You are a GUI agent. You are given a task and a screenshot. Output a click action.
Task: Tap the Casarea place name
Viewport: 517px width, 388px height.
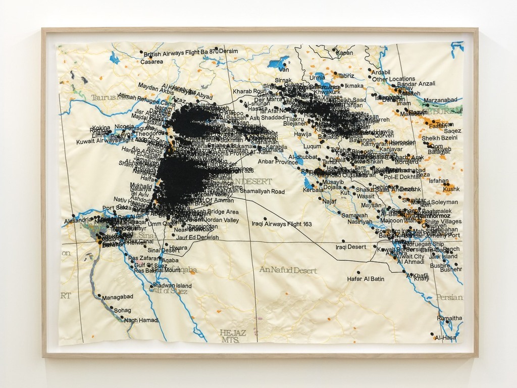(x=151, y=62)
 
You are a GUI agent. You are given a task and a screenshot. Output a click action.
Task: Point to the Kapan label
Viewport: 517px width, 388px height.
(x=345, y=53)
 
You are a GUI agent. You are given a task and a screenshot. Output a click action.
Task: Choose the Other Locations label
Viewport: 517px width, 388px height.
(x=394, y=79)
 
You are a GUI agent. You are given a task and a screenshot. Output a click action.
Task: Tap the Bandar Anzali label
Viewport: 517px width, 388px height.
(x=416, y=84)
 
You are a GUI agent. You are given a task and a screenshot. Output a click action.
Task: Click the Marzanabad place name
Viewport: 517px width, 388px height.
(x=440, y=100)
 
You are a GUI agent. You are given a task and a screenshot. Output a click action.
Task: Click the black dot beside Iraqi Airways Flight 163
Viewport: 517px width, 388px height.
(x=265, y=219)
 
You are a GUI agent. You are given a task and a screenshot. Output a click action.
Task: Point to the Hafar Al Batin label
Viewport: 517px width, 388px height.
(x=366, y=279)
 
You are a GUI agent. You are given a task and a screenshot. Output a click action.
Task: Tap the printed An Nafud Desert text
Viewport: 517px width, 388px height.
(x=288, y=270)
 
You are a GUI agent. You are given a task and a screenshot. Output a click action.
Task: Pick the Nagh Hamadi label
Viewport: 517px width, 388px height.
(x=141, y=320)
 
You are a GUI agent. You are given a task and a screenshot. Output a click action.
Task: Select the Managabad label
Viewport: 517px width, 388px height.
(x=117, y=298)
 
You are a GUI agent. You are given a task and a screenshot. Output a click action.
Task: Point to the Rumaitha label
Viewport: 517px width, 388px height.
(x=449, y=318)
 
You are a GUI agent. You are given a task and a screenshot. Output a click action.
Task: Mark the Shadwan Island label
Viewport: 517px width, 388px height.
(x=172, y=286)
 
